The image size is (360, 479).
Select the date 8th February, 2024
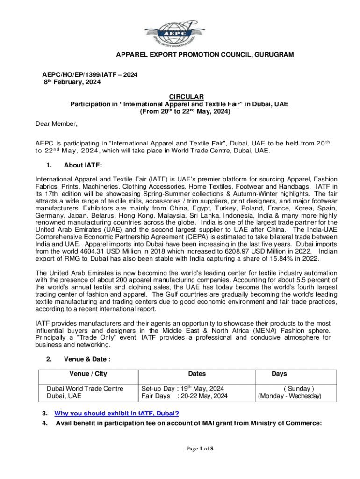[69, 82]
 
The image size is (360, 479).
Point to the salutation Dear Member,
[57, 124]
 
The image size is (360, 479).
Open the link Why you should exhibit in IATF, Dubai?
[117, 414]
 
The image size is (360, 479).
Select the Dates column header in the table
[197, 374]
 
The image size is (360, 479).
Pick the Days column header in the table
[280, 374]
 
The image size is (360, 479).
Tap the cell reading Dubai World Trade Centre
[85, 388]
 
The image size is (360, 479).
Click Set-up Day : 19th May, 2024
[183, 388]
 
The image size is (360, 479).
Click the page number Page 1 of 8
[200, 449]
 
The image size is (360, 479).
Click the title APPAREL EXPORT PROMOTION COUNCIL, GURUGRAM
[205, 55]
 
